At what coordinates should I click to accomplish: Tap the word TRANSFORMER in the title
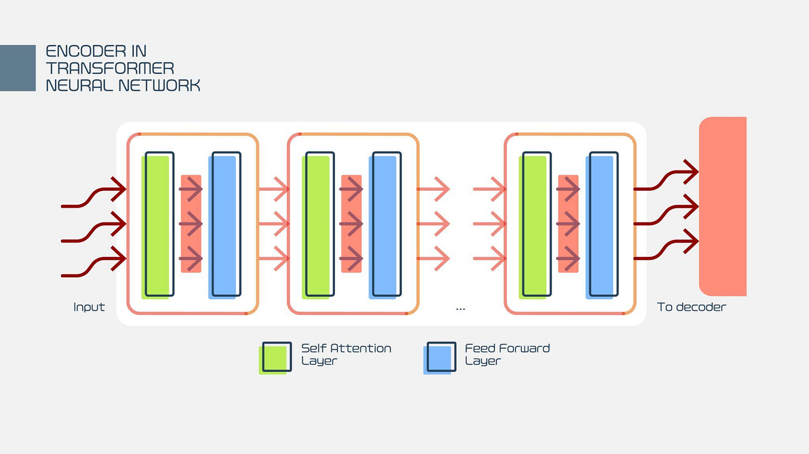pos(109,68)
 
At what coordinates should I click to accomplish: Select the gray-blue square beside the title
pos(18,68)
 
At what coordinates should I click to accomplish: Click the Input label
pos(89,307)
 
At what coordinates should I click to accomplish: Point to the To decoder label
pos(691,307)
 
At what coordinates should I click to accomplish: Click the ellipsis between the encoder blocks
pos(460,308)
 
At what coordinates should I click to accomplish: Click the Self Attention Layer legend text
pos(346,354)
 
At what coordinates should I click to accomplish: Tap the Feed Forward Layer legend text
pos(507,354)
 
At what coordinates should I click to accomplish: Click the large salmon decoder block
pos(722,206)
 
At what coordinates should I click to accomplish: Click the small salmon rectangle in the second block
pos(351,224)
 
